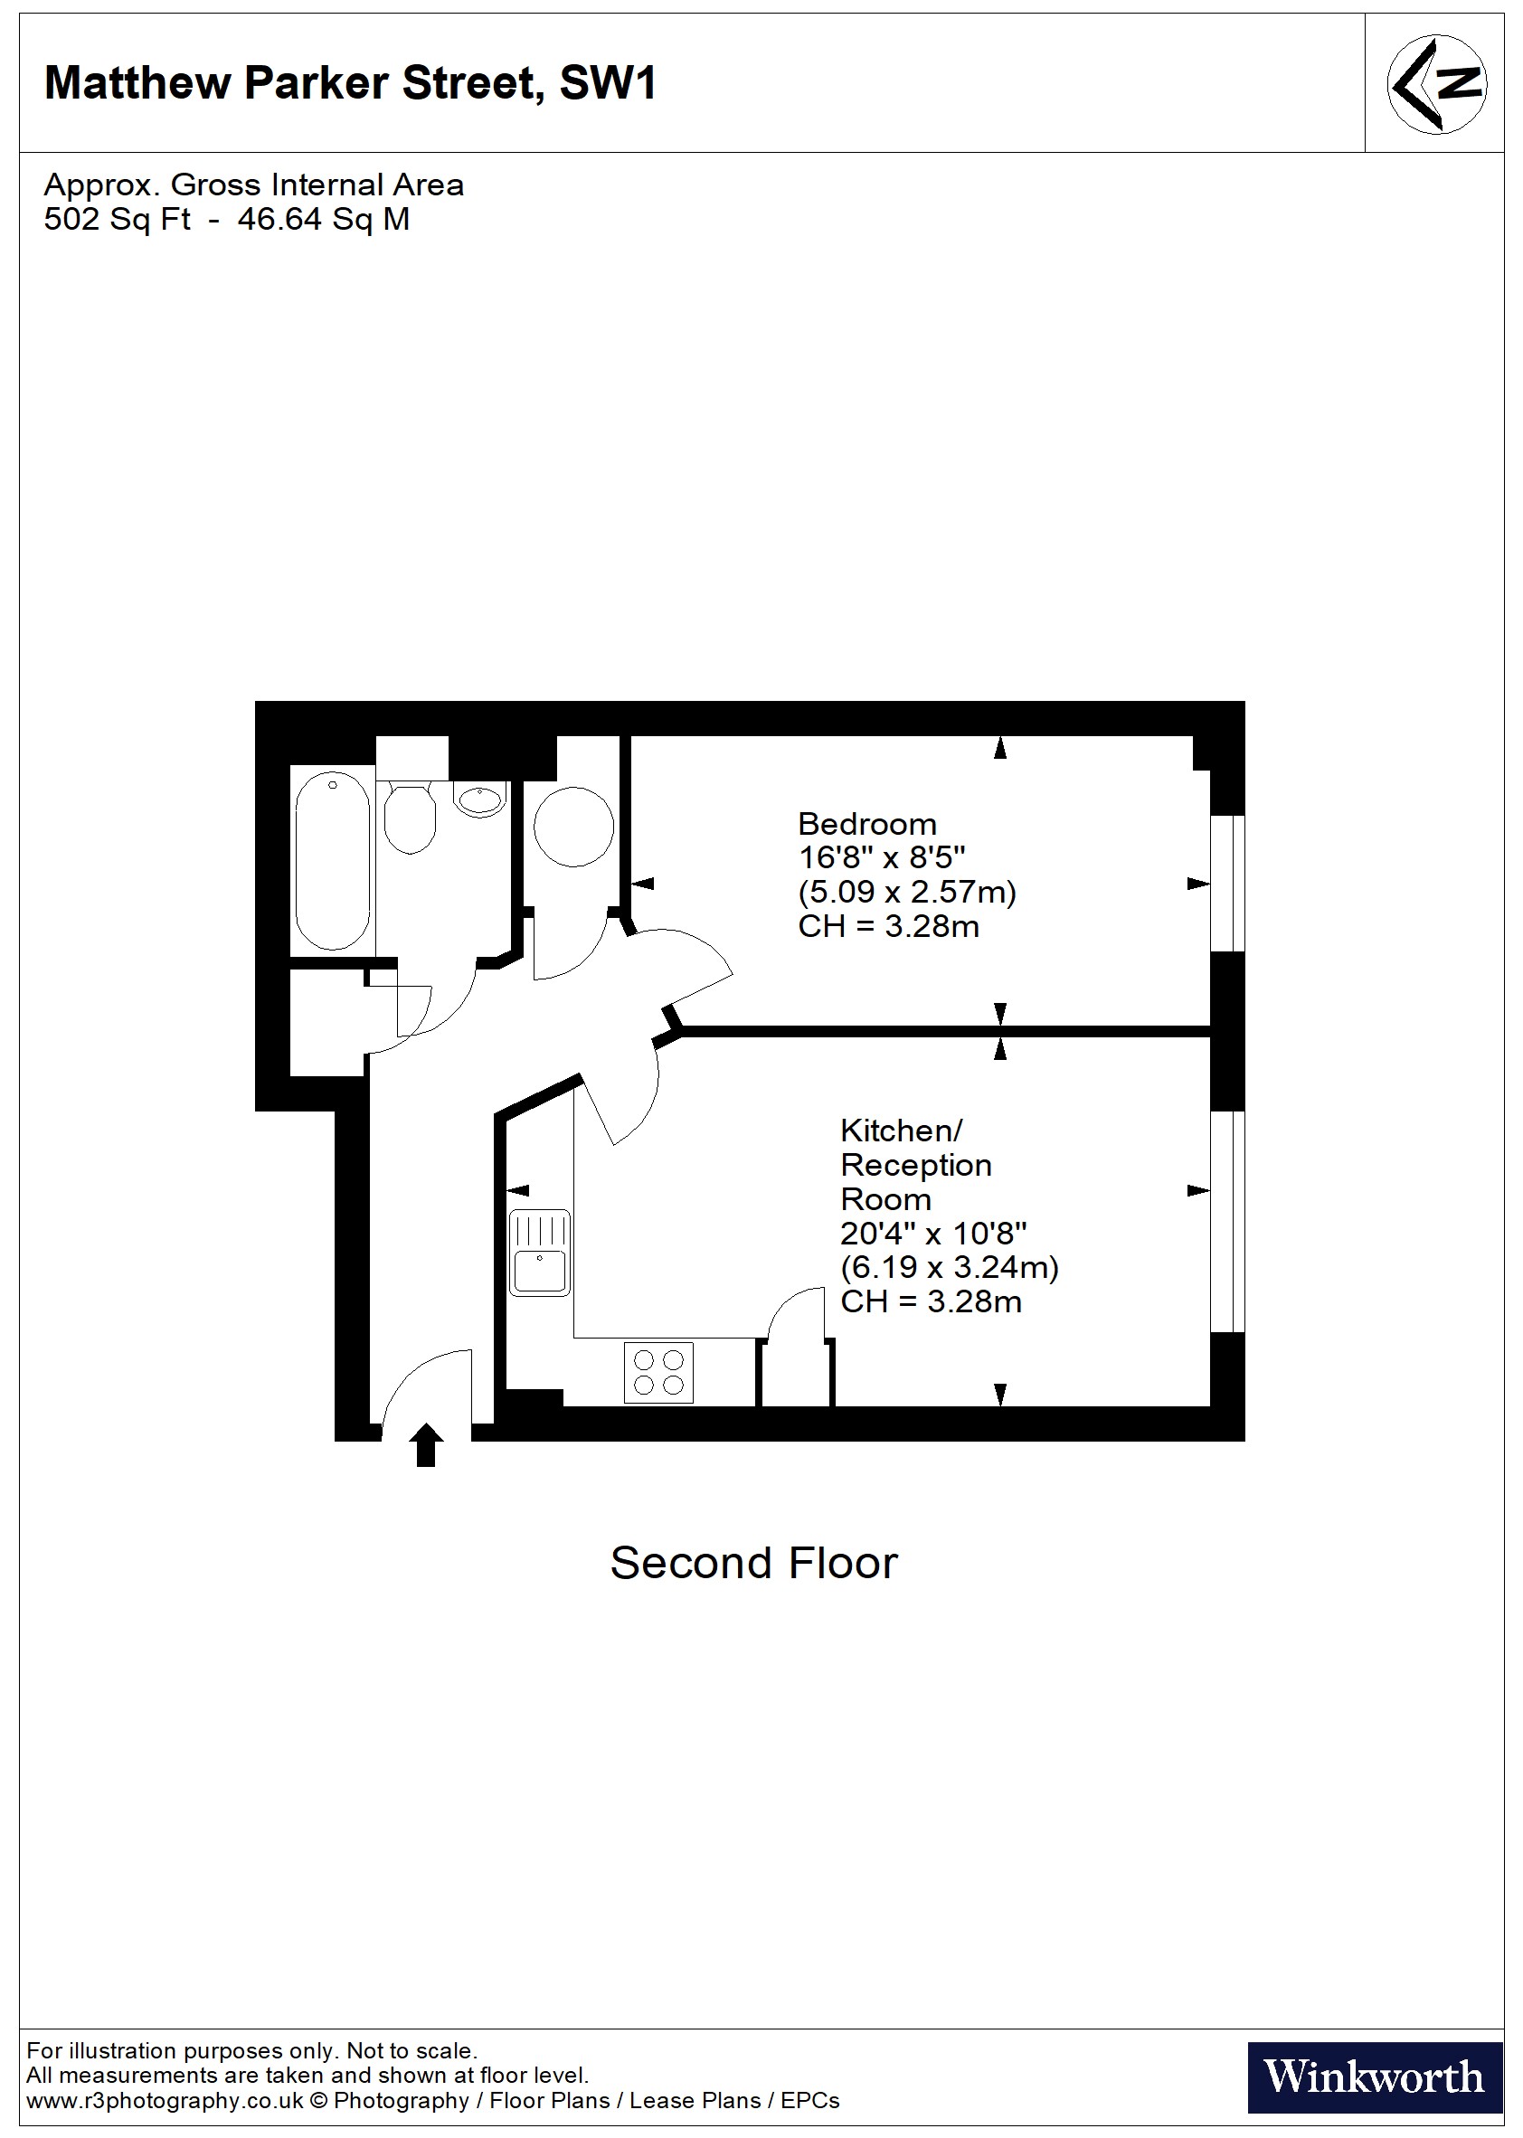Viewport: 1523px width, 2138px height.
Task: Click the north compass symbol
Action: [x=1436, y=83]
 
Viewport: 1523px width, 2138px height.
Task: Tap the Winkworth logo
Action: [x=1374, y=2077]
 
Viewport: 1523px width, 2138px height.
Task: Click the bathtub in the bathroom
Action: [x=332, y=861]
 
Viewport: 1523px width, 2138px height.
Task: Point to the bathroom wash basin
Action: [x=480, y=799]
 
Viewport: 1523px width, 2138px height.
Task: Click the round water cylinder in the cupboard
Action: [x=574, y=826]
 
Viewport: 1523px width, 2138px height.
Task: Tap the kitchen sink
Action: [x=539, y=1253]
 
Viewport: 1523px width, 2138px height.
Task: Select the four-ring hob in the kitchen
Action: [x=658, y=1373]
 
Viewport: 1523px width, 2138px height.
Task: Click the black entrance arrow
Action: [x=426, y=1444]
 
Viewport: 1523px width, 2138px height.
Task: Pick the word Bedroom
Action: [x=866, y=824]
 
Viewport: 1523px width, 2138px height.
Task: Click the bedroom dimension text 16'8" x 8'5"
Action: [x=881, y=858]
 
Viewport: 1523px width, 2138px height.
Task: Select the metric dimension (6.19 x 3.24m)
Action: [x=949, y=1268]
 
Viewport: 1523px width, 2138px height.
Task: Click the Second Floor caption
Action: [x=754, y=1563]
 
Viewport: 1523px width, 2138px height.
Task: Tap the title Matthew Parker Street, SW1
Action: [x=350, y=83]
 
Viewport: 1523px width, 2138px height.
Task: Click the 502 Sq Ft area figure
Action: [x=118, y=220]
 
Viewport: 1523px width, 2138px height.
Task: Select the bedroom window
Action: [x=1226, y=884]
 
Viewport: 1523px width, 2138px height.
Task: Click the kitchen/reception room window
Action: [x=1226, y=1221]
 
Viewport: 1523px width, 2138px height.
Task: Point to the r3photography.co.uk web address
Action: [x=166, y=2102]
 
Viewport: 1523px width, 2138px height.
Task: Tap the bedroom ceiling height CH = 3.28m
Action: [x=888, y=926]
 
